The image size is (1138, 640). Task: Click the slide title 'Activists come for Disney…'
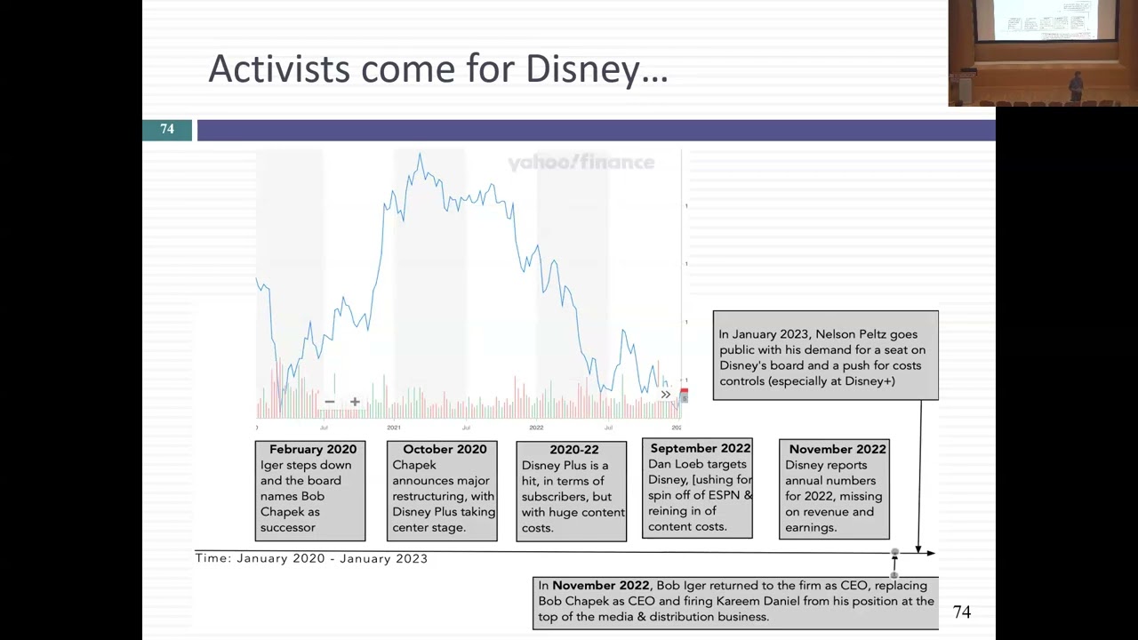click(437, 69)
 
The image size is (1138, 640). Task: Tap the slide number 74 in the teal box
click(167, 130)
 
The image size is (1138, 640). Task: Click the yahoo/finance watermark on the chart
click(581, 163)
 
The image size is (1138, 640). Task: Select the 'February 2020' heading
click(312, 450)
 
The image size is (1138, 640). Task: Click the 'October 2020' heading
click(445, 450)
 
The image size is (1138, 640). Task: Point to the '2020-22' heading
click(573, 450)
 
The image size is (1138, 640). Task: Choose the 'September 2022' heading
click(700, 449)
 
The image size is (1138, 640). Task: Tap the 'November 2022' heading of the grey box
click(837, 450)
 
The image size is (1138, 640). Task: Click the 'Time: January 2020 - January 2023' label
click(311, 558)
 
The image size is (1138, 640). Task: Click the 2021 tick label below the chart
click(394, 428)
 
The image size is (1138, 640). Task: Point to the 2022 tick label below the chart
click(536, 428)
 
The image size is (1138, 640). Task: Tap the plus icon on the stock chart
click(355, 402)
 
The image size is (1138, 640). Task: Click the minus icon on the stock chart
click(329, 402)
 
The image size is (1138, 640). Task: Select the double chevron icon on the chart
click(665, 395)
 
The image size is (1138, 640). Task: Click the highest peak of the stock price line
click(420, 156)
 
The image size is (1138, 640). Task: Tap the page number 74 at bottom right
click(961, 612)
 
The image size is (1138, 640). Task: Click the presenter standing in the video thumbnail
click(1076, 85)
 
